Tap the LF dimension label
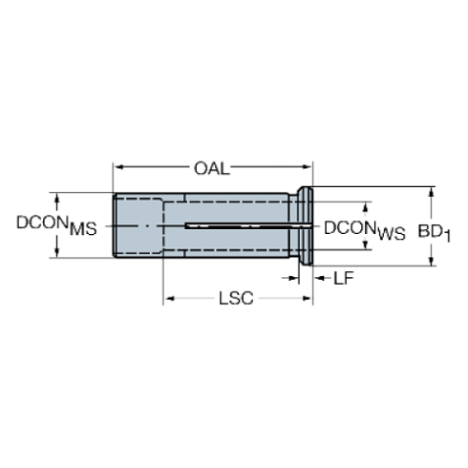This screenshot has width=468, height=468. coord(345,279)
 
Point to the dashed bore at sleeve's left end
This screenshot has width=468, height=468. coord(139,225)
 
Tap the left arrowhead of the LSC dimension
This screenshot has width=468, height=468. coord(170,300)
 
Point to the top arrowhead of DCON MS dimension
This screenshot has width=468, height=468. coord(55,198)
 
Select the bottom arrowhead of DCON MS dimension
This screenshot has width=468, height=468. coord(55,253)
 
